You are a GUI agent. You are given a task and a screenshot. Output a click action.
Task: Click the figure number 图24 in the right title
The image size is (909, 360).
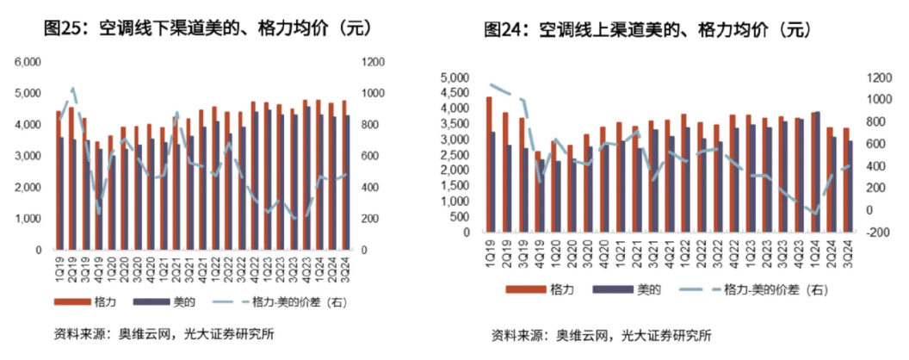point(504,31)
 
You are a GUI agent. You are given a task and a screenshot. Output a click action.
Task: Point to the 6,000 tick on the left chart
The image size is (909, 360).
point(29,62)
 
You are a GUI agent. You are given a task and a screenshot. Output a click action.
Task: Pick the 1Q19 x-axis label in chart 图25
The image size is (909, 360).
point(59,266)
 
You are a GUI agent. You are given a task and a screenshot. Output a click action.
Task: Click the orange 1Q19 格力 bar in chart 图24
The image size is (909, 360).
point(489,164)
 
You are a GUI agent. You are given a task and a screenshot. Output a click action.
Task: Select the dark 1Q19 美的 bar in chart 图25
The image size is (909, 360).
point(61,193)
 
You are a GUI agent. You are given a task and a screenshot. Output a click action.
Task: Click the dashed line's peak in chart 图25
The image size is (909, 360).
point(73,88)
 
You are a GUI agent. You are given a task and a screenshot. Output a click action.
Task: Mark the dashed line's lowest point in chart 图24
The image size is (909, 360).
point(815,213)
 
